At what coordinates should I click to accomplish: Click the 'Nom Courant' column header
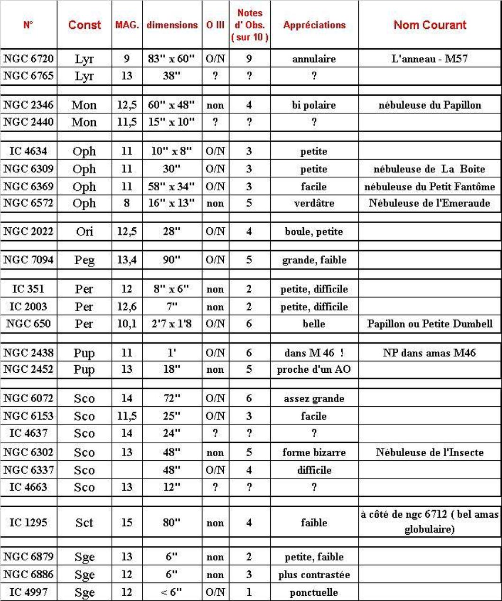(x=430, y=25)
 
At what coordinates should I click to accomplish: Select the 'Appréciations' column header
(x=314, y=25)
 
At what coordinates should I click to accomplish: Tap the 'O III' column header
(x=215, y=25)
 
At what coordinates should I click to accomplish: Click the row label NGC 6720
(x=28, y=59)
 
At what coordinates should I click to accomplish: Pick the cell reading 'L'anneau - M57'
(x=430, y=59)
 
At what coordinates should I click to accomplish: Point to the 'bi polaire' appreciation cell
(x=314, y=105)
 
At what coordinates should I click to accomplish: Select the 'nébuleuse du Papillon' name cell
(x=430, y=105)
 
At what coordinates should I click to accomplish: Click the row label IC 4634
(x=28, y=152)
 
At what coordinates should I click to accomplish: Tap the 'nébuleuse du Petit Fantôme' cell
(x=430, y=186)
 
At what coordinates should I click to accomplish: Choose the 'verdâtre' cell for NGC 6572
(x=314, y=203)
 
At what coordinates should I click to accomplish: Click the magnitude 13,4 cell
(x=127, y=260)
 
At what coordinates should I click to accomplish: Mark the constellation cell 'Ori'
(x=84, y=232)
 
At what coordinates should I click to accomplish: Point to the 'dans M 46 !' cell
(x=314, y=353)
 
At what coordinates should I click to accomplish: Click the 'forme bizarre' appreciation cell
(x=314, y=452)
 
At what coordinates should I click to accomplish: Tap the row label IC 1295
(x=28, y=523)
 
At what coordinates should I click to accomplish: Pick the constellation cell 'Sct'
(x=84, y=523)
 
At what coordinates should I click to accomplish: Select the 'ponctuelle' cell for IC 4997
(x=314, y=592)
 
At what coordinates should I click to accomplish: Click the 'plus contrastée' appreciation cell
(x=314, y=575)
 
